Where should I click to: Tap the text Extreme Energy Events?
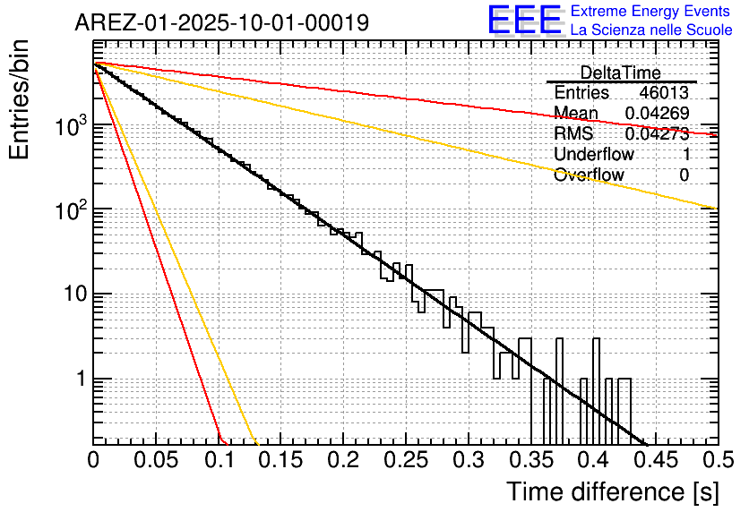click(x=651, y=12)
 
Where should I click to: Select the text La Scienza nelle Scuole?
click(x=651, y=30)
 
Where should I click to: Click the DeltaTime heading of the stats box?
click(x=621, y=73)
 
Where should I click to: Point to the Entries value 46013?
click(x=664, y=93)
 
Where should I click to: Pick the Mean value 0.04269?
click(x=657, y=113)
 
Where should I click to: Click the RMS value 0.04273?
click(x=657, y=133)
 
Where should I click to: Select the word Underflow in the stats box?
click(x=593, y=154)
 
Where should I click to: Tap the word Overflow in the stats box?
click(x=589, y=175)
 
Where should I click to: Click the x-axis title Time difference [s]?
click(x=612, y=491)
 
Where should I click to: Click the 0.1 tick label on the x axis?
click(x=219, y=460)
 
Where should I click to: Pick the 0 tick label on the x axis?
click(x=94, y=460)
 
